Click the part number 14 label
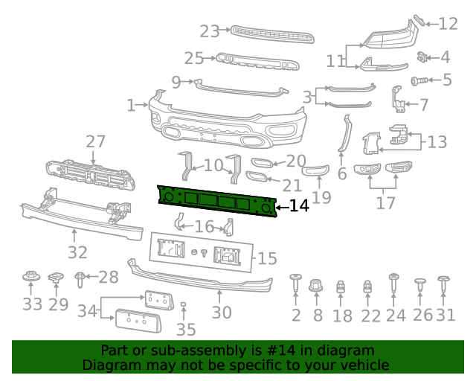pyautogui.click(x=299, y=206)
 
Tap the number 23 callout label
pyautogui.click(x=210, y=31)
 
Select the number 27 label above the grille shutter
pyautogui.click(x=95, y=142)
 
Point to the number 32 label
pyautogui.click(x=77, y=253)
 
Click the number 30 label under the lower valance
pyautogui.click(x=222, y=313)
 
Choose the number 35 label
pyautogui.click(x=185, y=330)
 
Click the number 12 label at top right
pyautogui.click(x=448, y=24)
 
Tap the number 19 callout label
pyautogui.click(x=321, y=198)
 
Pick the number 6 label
pyautogui.click(x=341, y=174)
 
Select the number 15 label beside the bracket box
pyautogui.click(x=267, y=259)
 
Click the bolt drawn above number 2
pyautogui.click(x=295, y=284)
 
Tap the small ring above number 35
pyautogui.click(x=183, y=305)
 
